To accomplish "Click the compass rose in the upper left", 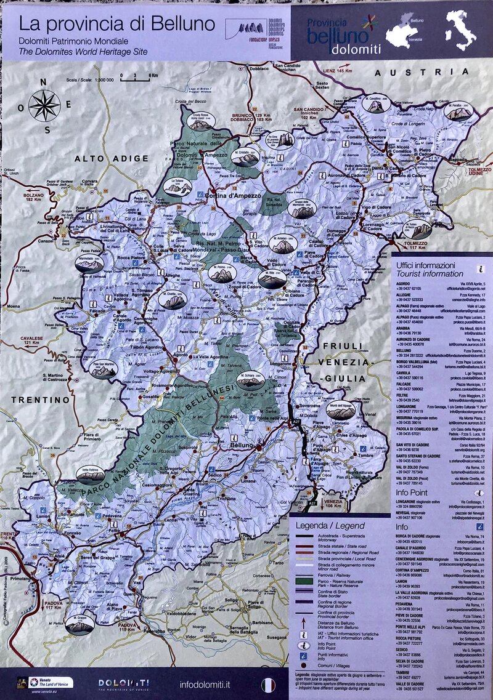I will click(x=44, y=105).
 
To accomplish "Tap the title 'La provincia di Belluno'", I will click(x=116, y=24).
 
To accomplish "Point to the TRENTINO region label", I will click(x=40, y=400).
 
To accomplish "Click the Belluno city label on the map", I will click(x=241, y=445).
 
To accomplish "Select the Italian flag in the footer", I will click(x=268, y=683).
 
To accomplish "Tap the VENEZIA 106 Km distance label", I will click(x=333, y=504).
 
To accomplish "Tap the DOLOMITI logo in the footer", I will click(x=123, y=683).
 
